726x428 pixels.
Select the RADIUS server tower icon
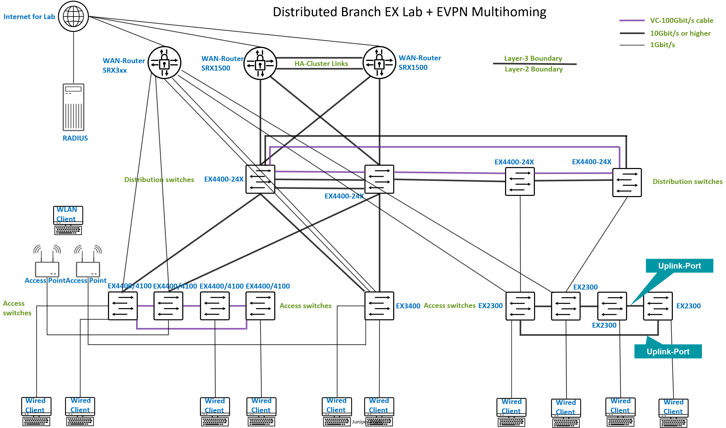[x=74, y=107]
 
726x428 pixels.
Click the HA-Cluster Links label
[x=321, y=63]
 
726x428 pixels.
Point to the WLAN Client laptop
[x=68, y=220]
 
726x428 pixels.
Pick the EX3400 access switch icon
[x=379, y=306]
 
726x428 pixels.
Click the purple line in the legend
[x=632, y=20]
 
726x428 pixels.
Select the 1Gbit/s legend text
[x=662, y=45]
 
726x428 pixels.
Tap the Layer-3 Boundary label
[x=533, y=58]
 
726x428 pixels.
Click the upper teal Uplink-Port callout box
[x=679, y=266]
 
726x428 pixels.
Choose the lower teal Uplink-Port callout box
[x=668, y=351]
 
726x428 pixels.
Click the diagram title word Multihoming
[x=509, y=12]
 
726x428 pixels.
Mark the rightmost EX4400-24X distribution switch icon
[x=627, y=183]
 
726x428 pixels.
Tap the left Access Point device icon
[x=47, y=269]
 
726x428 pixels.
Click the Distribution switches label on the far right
[x=687, y=181]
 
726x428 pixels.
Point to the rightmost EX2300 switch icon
[x=658, y=306]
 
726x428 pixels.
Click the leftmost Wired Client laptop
[x=36, y=411]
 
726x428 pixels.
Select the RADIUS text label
[x=75, y=138]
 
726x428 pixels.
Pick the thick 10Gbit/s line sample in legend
[x=632, y=33]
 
